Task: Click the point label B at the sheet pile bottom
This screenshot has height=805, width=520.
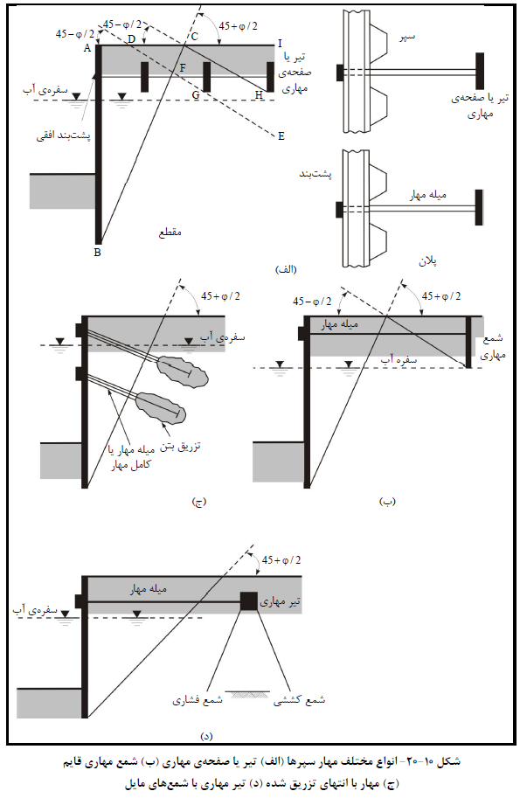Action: pyautogui.click(x=98, y=253)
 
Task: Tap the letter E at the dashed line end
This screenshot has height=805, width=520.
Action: pyautogui.click(x=281, y=136)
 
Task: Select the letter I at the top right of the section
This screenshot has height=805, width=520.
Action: pyautogui.click(x=280, y=44)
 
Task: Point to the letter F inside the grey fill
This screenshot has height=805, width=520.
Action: pyautogui.click(x=183, y=68)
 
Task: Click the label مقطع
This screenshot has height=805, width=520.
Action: pyautogui.click(x=170, y=232)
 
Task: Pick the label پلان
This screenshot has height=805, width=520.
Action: pyautogui.click(x=427, y=261)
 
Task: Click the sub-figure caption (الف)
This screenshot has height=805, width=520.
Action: pyautogui.click(x=287, y=269)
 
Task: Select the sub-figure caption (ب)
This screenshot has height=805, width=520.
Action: pyautogui.click(x=387, y=501)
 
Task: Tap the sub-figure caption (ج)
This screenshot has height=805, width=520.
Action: pyautogui.click(x=198, y=502)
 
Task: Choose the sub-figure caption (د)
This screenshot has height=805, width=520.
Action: pyautogui.click(x=206, y=736)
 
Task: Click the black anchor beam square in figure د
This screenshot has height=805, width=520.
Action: pyautogui.click(x=249, y=601)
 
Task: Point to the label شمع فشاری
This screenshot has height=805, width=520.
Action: pyautogui.click(x=198, y=700)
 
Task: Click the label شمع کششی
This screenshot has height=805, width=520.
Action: pyautogui.click(x=299, y=700)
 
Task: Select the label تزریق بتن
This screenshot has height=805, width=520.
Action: pyautogui.click(x=180, y=446)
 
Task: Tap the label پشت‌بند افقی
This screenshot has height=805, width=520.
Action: pyautogui.click(x=63, y=136)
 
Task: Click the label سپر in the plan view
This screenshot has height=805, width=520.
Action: pyautogui.click(x=407, y=37)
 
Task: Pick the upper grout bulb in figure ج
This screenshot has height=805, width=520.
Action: pyautogui.click(x=183, y=371)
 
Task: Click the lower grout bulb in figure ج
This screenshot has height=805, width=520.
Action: pyautogui.click(x=161, y=407)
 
